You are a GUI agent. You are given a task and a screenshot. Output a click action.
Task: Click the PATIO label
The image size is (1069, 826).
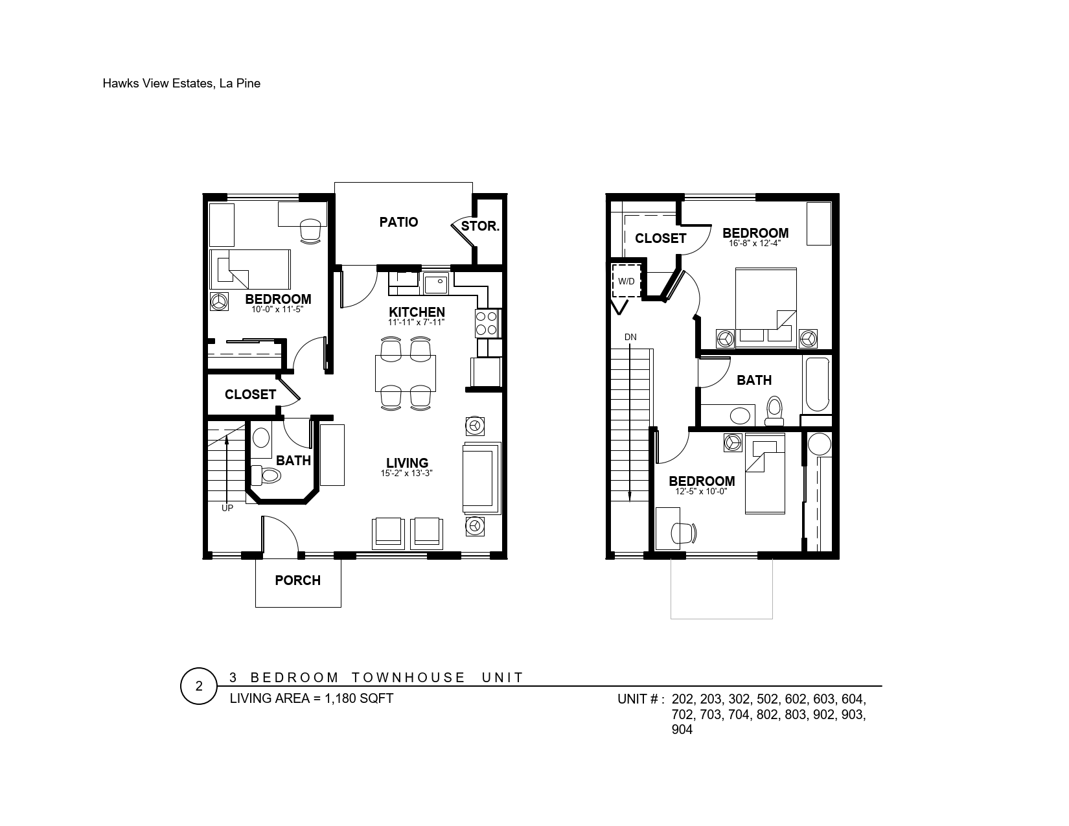coord(398,222)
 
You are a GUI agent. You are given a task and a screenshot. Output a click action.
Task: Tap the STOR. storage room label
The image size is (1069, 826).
coord(480,226)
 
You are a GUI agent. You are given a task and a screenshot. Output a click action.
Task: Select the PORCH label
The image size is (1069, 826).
coord(297,580)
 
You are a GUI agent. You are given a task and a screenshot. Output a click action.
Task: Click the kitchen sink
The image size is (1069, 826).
coord(436,284)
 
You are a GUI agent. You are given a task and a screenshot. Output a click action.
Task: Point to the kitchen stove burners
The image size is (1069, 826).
coord(487,323)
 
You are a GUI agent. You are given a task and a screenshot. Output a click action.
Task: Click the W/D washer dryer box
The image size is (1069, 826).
coord(626,281)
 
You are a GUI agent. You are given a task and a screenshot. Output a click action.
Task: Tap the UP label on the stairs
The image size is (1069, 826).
coord(227,508)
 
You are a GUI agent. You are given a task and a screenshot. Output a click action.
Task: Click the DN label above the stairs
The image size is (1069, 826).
coord(630,337)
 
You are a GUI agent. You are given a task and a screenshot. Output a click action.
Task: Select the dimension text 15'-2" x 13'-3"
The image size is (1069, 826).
coord(406,474)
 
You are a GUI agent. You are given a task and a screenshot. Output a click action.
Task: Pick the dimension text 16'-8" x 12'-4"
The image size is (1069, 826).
coord(755,243)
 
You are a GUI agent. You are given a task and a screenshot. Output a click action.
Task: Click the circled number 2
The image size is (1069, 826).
coord(199,686)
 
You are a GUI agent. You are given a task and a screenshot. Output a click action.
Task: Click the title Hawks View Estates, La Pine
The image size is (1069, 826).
coord(181,84)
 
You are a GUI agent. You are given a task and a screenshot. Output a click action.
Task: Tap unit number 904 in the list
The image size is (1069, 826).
coord(682,729)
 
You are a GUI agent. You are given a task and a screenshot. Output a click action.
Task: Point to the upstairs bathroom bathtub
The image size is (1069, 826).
coord(817,384)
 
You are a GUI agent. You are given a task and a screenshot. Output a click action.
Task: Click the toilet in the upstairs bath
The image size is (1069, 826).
coord(774,411)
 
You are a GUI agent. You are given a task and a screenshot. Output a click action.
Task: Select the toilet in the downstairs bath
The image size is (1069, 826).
coord(266,476)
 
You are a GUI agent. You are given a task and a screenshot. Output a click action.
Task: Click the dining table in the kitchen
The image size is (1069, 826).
coord(406,373)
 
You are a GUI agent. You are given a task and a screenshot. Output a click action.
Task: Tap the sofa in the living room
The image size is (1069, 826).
coord(481,478)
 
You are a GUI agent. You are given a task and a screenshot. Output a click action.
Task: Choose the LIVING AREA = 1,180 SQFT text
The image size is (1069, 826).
coord(312,698)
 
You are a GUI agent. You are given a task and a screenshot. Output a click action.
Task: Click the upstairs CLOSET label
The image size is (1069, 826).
coord(660,238)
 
